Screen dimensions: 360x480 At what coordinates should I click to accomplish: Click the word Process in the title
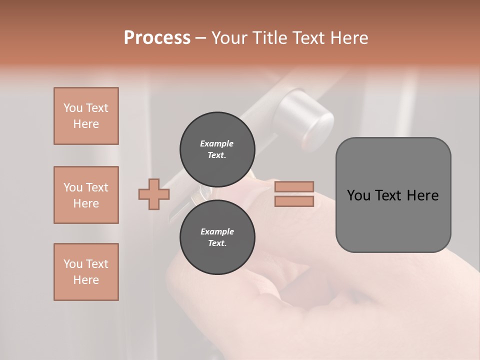click(x=157, y=37)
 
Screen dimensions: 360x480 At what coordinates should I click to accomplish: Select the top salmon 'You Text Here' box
click(x=86, y=116)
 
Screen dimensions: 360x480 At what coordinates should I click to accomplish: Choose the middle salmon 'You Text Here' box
click(x=86, y=195)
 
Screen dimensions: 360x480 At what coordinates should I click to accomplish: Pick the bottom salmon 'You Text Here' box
click(x=86, y=272)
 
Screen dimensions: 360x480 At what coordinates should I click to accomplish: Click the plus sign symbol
click(x=154, y=194)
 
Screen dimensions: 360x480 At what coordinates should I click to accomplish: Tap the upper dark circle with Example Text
click(x=217, y=149)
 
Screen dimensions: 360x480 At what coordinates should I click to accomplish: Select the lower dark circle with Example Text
click(x=217, y=237)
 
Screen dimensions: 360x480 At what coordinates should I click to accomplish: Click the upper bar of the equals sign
click(x=294, y=186)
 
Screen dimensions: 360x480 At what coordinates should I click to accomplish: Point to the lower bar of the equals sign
click(x=294, y=201)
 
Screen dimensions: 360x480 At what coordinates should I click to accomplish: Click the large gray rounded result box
click(x=393, y=220)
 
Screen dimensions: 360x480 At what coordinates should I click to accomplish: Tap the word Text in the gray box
click(x=393, y=195)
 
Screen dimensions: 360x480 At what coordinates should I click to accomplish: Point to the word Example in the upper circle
click(x=217, y=143)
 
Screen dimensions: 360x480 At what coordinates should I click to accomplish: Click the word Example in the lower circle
click(x=217, y=231)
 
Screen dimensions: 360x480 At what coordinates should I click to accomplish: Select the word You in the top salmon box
click(x=72, y=108)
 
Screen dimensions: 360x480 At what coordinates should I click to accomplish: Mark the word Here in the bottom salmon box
click(x=86, y=280)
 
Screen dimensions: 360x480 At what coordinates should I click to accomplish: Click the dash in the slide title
click(x=201, y=38)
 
